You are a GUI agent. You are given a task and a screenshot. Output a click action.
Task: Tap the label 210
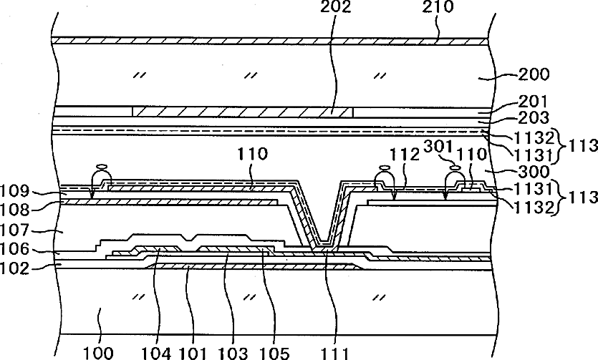point(438,7)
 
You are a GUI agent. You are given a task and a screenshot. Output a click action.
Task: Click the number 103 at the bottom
point(233,352)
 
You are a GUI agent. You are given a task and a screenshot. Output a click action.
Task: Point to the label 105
point(275,352)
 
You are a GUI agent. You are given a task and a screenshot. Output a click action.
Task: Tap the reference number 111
point(334,352)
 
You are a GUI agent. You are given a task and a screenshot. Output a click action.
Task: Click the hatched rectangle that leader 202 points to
point(243,112)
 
